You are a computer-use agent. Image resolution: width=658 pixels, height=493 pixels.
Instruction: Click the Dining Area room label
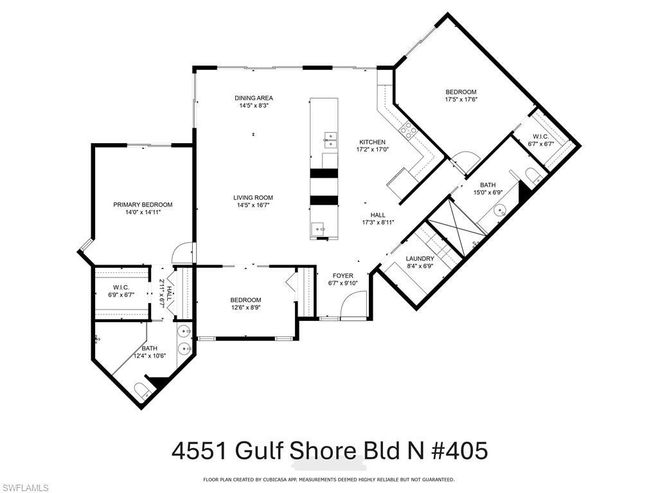(x=253, y=98)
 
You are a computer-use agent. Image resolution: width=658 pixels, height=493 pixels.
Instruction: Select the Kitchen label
(x=372, y=142)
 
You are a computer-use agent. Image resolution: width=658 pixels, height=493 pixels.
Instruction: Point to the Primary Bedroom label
(x=143, y=205)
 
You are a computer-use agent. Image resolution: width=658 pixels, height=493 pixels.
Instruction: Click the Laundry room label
(x=420, y=259)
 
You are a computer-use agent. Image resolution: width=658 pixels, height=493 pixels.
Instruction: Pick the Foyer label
(x=342, y=275)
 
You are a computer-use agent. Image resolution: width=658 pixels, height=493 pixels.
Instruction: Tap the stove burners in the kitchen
(x=408, y=131)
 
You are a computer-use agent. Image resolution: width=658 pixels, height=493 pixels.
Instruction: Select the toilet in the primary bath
(x=141, y=390)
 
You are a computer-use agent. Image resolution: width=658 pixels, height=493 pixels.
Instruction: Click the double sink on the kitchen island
(x=330, y=137)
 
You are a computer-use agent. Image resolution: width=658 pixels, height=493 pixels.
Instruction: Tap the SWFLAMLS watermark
(x=26, y=488)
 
